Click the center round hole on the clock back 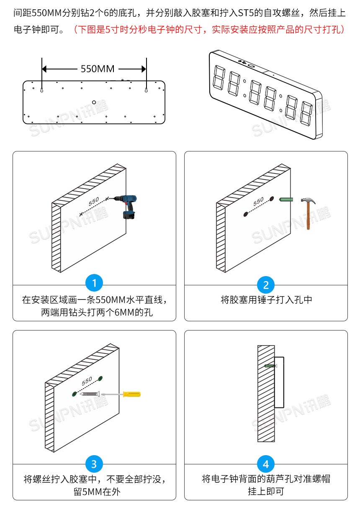94,102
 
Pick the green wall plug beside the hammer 286,200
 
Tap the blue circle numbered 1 94,284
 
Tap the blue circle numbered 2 266,285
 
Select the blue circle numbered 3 94,464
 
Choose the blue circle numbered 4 266,464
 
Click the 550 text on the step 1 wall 94,201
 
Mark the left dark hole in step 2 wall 246,214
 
